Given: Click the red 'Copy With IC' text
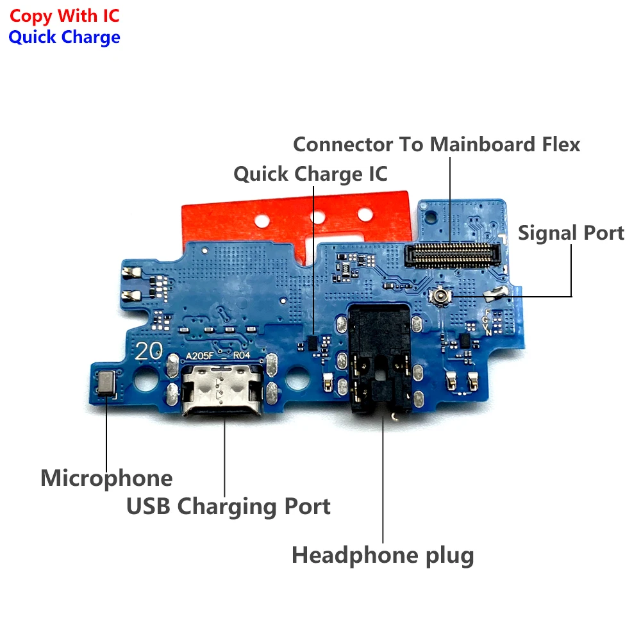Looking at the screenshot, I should (64, 15).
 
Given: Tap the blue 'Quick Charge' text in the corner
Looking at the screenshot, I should (64, 37).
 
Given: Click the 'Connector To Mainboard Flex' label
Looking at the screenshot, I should (437, 144).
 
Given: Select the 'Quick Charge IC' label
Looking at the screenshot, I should (310, 174).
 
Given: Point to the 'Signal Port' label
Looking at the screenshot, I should (570, 233).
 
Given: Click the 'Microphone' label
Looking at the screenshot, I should (106, 478).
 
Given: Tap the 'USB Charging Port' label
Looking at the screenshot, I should (228, 506).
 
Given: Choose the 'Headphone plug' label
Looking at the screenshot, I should (383, 554).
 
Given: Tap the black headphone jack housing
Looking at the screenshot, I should (381, 359).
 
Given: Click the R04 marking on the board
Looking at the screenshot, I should (242, 354).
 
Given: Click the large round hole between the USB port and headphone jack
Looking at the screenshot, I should (298, 383).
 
